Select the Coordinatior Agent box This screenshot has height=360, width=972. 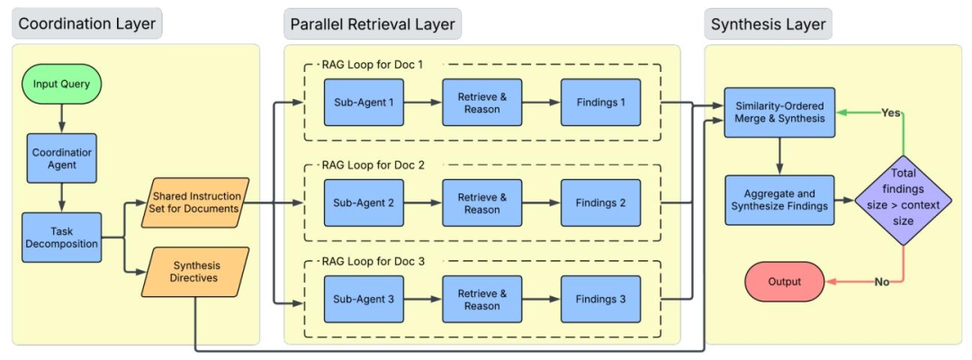point(61,158)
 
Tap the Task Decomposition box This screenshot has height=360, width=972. point(61,238)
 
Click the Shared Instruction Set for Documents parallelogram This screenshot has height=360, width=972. point(195,202)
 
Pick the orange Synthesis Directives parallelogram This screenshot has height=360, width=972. point(195,272)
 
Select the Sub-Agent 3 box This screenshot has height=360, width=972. point(364,297)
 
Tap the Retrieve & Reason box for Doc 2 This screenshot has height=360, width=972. point(482,202)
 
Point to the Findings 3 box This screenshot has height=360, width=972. point(600,297)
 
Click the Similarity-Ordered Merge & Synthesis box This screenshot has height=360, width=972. point(779,112)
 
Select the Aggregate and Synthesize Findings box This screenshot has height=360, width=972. point(779,200)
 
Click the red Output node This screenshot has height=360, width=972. point(784,282)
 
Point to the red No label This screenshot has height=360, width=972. point(882,282)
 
